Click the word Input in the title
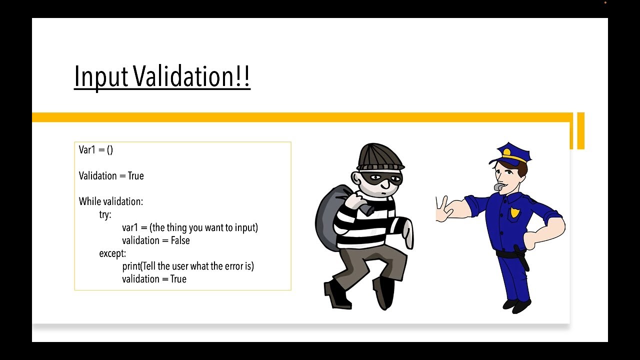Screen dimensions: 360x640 click(x=101, y=77)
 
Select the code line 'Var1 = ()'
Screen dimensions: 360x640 click(x=96, y=149)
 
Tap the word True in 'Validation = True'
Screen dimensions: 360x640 click(x=135, y=176)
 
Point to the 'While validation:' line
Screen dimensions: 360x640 click(x=111, y=201)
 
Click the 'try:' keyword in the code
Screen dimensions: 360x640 click(x=105, y=214)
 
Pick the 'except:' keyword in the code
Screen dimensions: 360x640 click(x=112, y=253)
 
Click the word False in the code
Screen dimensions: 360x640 click(x=180, y=240)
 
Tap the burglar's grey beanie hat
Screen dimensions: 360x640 click(x=380, y=157)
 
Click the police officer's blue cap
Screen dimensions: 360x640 click(x=510, y=153)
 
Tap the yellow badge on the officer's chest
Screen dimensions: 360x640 click(x=514, y=212)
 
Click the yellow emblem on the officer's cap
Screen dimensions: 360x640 click(x=506, y=151)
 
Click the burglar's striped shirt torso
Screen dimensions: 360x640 click(x=367, y=222)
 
